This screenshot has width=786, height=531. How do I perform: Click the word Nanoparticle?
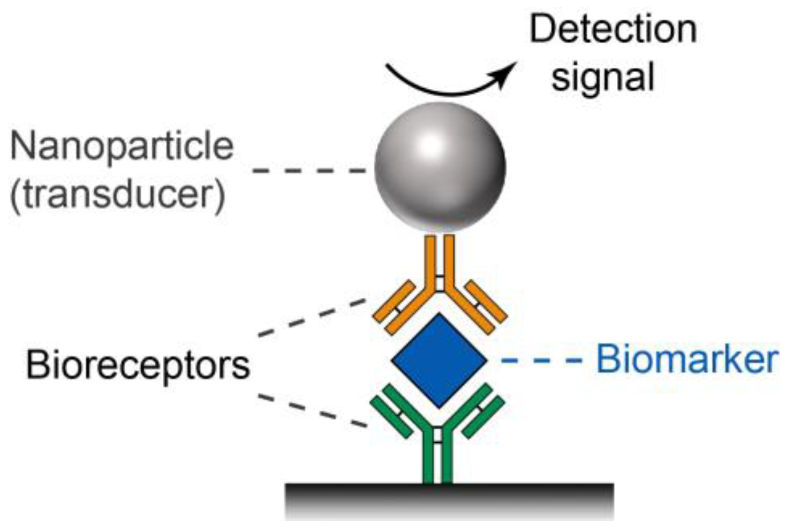[x=122, y=147]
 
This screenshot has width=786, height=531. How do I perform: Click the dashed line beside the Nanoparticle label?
[x=309, y=171]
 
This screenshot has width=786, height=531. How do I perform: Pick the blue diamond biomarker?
[x=439, y=360]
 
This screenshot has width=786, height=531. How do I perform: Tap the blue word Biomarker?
[x=687, y=359]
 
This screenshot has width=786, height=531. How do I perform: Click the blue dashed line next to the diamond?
[x=541, y=360]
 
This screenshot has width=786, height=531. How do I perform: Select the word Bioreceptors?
[x=138, y=365]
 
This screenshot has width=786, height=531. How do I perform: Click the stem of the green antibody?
[x=438, y=460]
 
